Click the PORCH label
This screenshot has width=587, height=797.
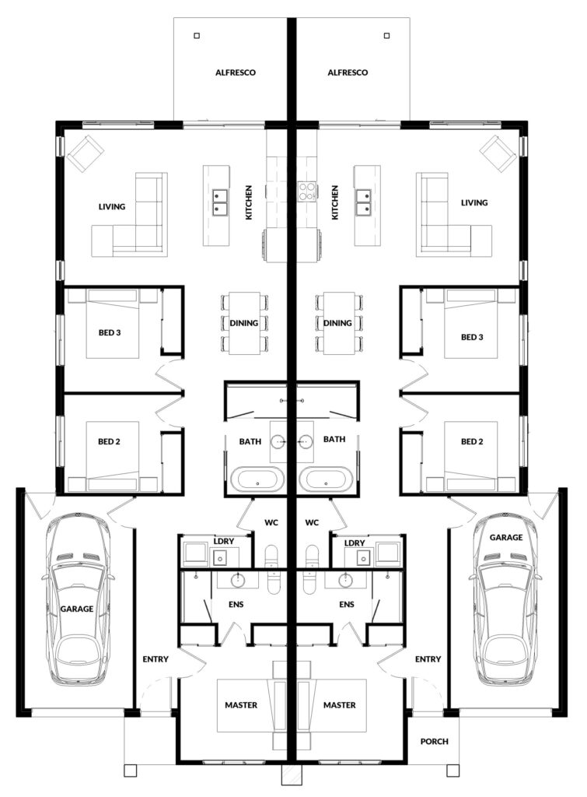point(434,742)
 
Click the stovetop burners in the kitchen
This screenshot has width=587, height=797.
point(306,191)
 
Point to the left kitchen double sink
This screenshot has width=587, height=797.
point(220,201)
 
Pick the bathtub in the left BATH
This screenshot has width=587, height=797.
point(258,479)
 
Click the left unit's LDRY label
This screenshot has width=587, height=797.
point(223,541)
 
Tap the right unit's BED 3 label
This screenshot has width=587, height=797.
point(472,337)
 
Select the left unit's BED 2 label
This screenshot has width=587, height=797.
point(109,442)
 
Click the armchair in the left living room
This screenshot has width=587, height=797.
point(86,153)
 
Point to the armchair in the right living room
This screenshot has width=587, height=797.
point(498,153)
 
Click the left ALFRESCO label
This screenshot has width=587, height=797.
point(236,72)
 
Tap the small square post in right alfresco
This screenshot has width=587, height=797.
point(387,36)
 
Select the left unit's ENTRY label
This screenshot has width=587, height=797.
point(155,659)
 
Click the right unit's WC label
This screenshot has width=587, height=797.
point(312,522)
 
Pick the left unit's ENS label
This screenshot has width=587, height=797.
point(236,604)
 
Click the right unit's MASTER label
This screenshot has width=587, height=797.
point(340,705)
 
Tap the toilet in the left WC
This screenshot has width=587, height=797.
point(273,569)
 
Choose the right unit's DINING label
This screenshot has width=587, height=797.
point(337,323)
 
